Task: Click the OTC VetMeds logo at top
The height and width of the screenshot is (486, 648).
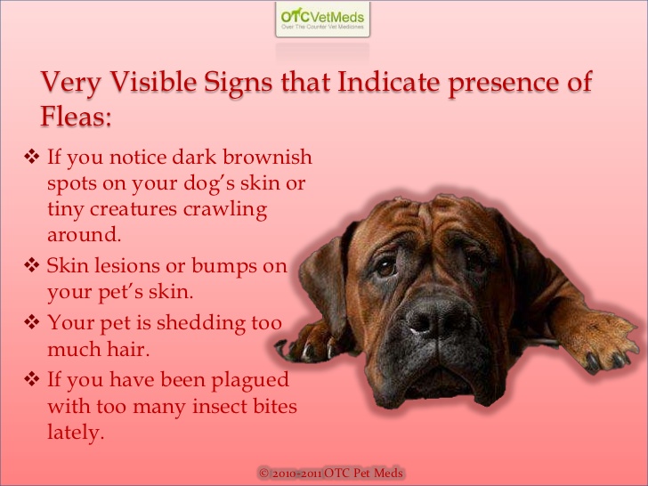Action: [x=323, y=19]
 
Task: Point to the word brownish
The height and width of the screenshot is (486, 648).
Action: [x=268, y=158]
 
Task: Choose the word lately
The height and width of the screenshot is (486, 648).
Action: [x=76, y=434]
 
